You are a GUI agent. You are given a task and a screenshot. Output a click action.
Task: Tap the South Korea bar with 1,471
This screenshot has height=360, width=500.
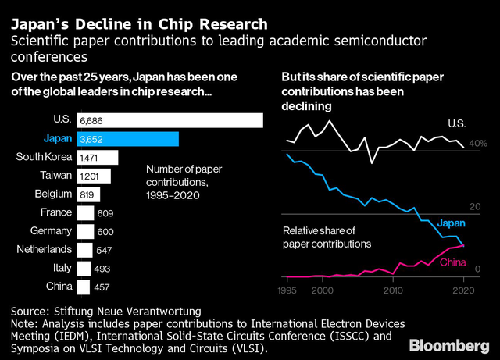97,157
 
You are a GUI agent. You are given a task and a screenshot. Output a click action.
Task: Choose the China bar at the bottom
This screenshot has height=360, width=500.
84,287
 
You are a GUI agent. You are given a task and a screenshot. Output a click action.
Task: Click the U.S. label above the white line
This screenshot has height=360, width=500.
457,124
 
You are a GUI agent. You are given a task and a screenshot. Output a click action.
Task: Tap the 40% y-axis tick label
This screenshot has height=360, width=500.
478,144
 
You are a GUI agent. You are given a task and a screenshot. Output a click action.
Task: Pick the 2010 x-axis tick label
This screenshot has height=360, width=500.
393,290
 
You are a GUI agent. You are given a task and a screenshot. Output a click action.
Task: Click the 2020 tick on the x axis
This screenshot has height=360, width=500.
464,290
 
